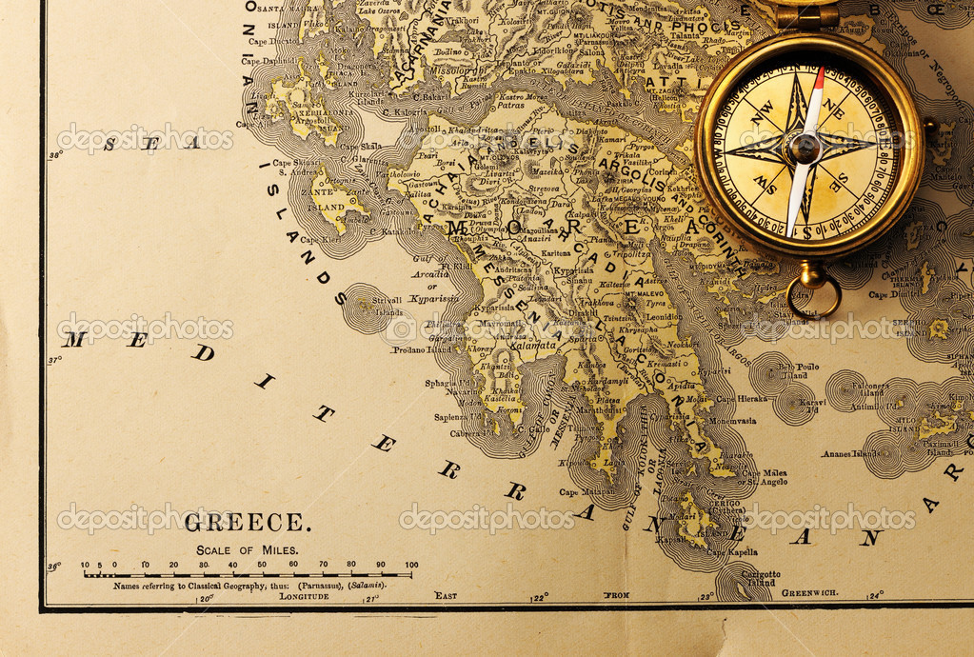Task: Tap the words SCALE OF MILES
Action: [247, 549]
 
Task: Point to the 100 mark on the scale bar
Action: [411, 565]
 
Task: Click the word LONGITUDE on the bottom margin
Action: [304, 596]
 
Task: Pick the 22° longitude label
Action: [540, 597]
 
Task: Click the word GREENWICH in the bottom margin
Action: [809, 593]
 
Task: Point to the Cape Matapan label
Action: [583, 491]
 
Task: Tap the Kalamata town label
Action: [533, 346]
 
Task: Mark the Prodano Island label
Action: [421, 348]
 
